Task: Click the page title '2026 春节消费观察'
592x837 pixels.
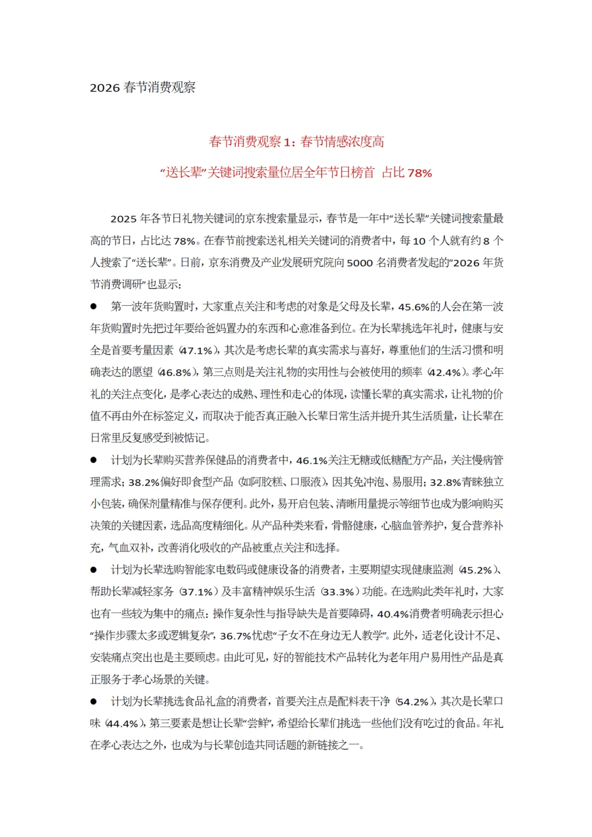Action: pos(143,88)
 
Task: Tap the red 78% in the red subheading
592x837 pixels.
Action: pos(420,173)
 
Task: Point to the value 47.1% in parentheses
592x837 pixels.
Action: pos(196,351)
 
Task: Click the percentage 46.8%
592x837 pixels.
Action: pos(175,373)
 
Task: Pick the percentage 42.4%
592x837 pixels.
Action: pos(445,373)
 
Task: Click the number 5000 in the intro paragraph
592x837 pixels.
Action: pos(360,263)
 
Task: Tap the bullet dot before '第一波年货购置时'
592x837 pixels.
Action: pos(94,306)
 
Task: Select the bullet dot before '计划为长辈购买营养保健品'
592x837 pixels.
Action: pos(94,460)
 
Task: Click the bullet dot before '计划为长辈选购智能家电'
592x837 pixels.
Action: pos(94,570)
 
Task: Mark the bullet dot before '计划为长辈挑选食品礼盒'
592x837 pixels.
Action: pos(94,702)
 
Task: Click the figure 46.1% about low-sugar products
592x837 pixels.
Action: pos(311,460)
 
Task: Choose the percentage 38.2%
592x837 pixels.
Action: pos(144,482)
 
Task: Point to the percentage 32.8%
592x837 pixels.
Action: pos(445,482)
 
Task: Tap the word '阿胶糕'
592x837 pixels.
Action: pos(267,482)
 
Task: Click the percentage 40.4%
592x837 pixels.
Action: pos(393,614)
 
